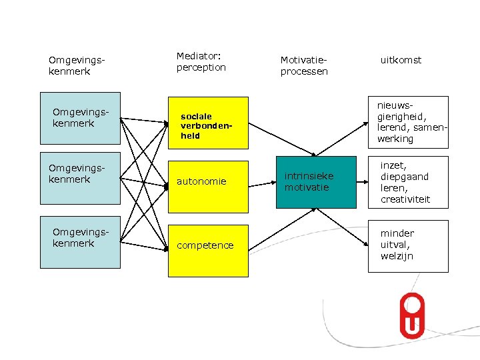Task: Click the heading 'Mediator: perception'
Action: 201,62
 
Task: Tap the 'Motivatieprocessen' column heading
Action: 304,66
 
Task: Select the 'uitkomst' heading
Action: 401,60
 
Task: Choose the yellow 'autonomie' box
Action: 207,181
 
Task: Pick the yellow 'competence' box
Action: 207,245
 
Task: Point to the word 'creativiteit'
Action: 405,199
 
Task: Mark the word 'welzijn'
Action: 397,256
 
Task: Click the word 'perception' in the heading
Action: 201,67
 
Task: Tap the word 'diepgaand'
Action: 405,177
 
